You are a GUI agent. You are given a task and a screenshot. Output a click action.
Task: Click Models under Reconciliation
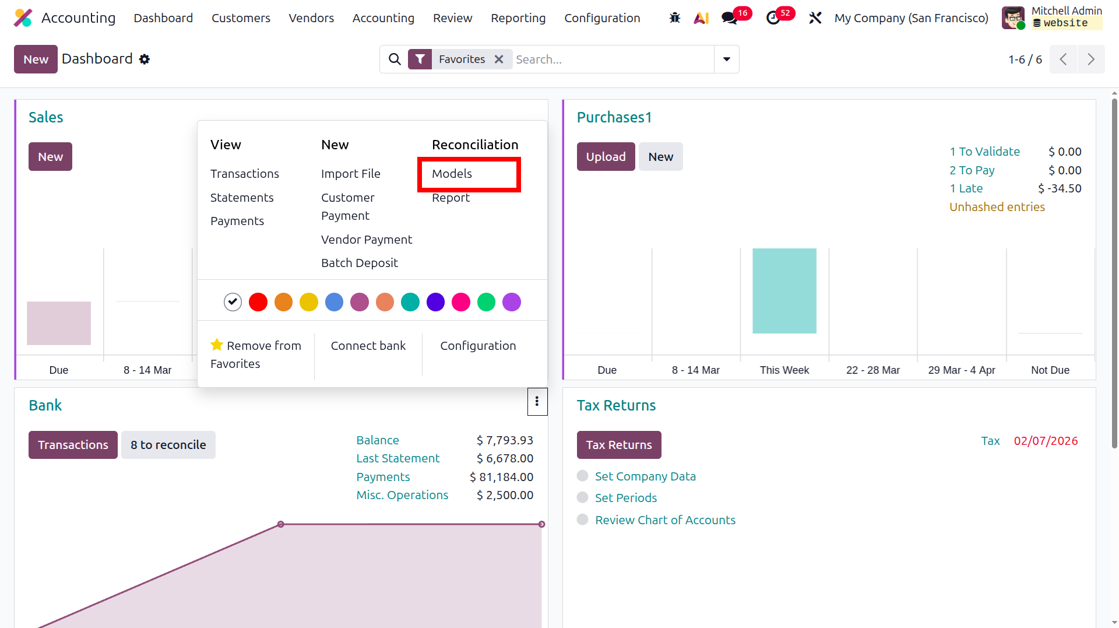click(x=452, y=174)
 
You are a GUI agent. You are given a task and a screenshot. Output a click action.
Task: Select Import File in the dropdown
click(x=350, y=174)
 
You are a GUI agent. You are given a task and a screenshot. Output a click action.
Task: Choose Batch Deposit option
click(x=359, y=263)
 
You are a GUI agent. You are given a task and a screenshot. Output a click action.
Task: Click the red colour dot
click(x=258, y=302)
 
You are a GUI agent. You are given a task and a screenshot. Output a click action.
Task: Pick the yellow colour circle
click(x=309, y=302)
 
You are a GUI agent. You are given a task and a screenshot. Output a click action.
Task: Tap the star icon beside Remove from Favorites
click(x=217, y=345)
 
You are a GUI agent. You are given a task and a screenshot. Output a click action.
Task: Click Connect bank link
click(x=368, y=346)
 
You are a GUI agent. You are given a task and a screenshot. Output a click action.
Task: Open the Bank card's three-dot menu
click(x=537, y=401)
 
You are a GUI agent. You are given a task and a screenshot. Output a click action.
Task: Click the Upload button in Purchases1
click(x=606, y=157)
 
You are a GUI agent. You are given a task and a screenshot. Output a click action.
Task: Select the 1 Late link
click(x=966, y=188)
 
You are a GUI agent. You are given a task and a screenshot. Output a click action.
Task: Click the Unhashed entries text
click(x=997, y=207)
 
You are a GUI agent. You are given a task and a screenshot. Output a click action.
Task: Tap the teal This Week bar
click(x=784, y=291)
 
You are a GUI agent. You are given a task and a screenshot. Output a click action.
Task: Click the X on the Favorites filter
click(x=499, y=59)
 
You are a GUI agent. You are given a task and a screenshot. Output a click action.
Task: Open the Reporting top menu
click(x=518, y=18)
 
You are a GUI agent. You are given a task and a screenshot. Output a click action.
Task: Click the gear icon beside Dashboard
click(x=145, y=59)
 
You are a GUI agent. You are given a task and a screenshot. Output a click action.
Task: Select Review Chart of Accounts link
click(x=665, y=520)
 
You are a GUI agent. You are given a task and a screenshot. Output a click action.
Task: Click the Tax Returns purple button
click(x=619, y=445)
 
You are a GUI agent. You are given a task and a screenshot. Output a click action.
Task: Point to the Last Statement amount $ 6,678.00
click(x=505, y=458)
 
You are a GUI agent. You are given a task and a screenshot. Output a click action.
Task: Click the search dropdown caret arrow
click(x=727, y=59)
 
